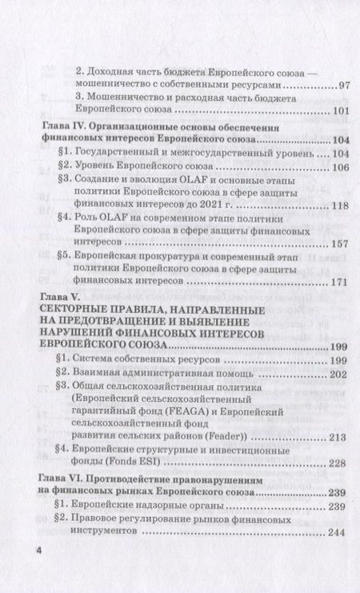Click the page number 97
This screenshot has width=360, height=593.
coord(344,85)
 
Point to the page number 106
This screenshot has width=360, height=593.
coord(341,166)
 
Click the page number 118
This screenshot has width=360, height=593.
coord(341,206)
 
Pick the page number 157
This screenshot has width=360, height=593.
coord(341,244)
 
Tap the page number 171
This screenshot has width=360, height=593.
coord(341,282)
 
